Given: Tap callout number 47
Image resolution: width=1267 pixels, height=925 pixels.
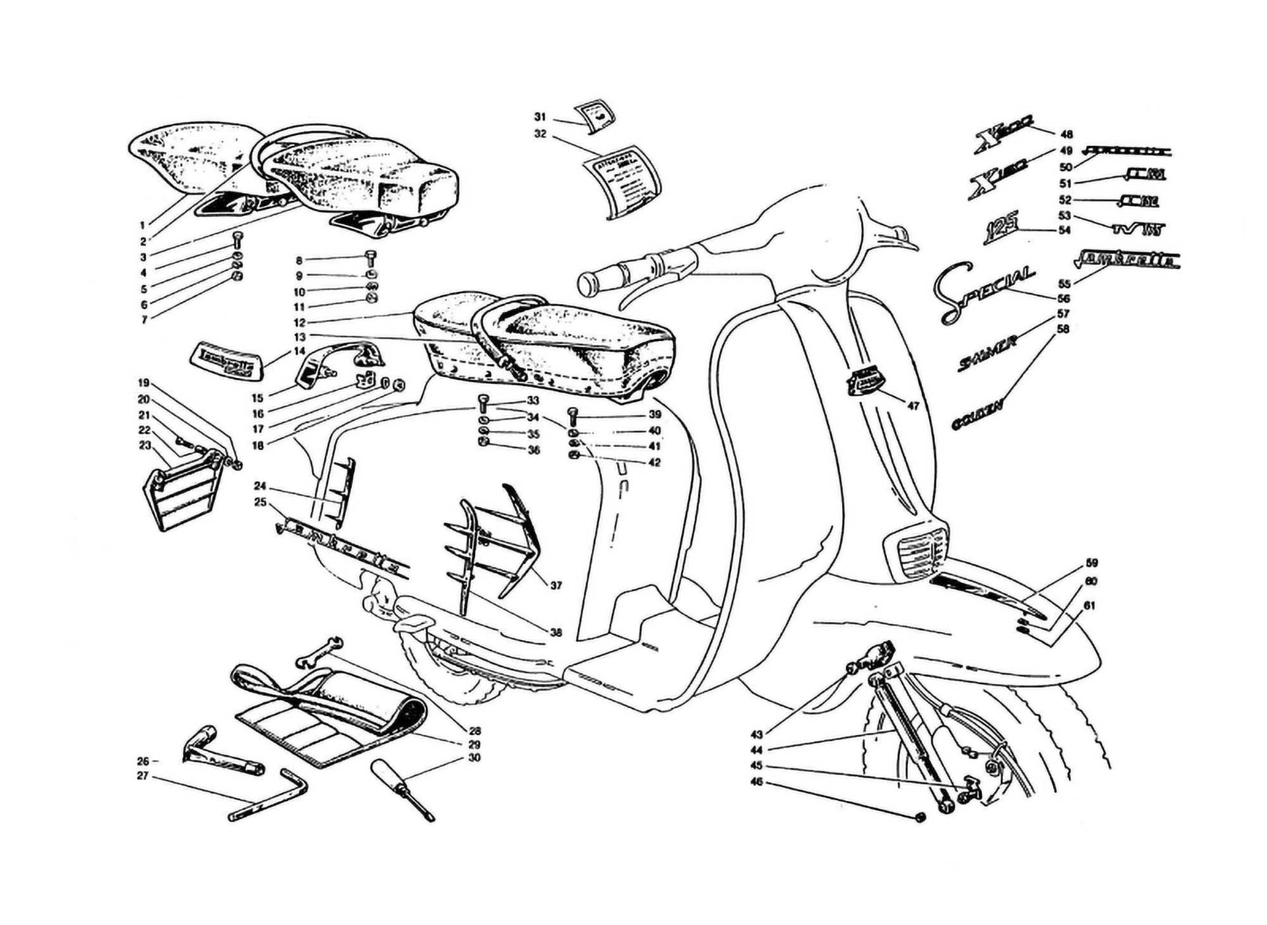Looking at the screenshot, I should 913,406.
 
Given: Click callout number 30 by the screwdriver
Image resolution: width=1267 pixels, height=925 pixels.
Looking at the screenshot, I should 474,757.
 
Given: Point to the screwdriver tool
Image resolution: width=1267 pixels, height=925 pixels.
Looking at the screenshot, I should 403,789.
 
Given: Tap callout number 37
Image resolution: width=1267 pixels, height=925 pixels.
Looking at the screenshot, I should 556,585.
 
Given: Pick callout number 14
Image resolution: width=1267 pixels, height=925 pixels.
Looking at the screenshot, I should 300,351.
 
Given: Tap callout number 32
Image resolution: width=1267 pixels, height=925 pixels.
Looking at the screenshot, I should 540,134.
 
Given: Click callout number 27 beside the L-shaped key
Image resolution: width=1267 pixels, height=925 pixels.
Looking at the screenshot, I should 143,777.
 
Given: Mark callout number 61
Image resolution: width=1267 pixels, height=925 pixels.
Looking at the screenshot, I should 1089,606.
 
